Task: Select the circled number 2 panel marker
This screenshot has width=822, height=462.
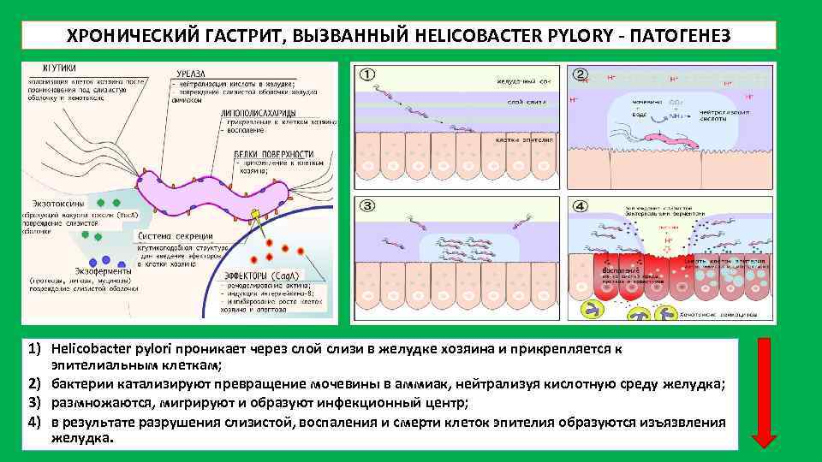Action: pyautogui.click(x=581, y=74)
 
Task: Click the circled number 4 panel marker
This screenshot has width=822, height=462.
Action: pyautogui.click(x=581, y=206)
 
